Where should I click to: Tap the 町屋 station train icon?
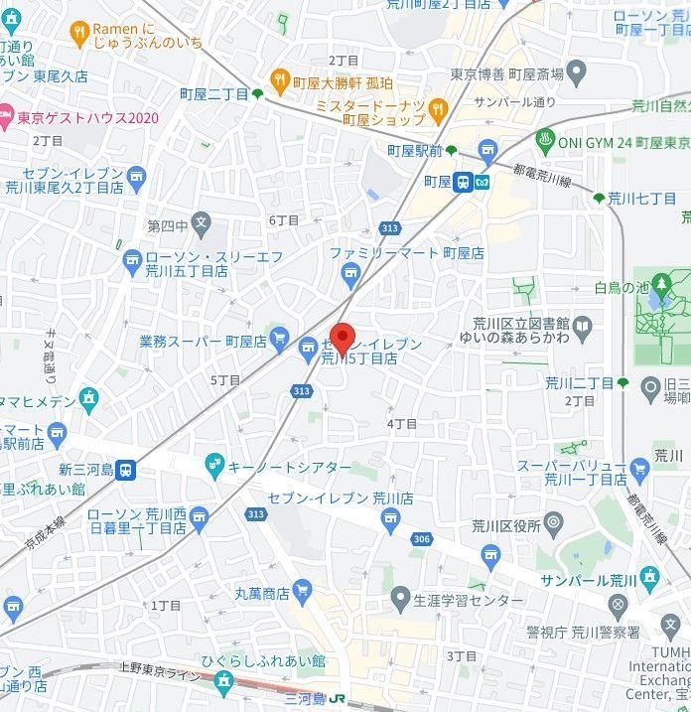coord(464,182)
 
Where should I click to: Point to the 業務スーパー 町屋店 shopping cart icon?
coord(280,341)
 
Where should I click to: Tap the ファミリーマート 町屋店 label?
coord(407,253)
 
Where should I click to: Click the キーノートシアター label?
coord(290,467)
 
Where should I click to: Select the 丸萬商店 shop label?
coord(261,594)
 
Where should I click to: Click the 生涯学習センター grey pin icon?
coord(400,599)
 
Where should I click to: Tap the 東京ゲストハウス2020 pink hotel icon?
coord(6,116)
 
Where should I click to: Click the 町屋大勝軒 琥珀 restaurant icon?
coord(280,78)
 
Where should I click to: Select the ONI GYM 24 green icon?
coord(544,140)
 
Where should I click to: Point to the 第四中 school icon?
coord(202,224)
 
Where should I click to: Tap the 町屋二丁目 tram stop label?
coord(213,93)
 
